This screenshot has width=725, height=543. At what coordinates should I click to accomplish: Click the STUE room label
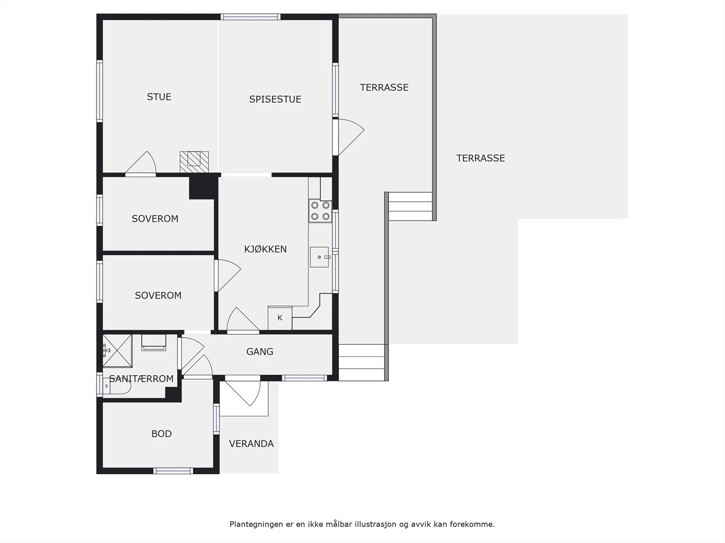[159, 97]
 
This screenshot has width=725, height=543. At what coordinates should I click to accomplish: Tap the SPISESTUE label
[275, 99]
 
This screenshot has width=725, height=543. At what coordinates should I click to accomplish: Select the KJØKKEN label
[265, 249]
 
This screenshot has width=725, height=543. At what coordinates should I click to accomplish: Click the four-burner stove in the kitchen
[320, 211]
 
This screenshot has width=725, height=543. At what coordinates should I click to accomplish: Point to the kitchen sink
[319, 257]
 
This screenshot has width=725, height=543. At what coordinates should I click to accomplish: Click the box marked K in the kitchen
[280, 318]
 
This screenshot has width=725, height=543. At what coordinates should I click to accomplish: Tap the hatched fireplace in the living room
[194, 161]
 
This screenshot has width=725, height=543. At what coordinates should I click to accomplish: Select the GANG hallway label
[260, 352]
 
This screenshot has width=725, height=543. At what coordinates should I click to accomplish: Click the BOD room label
[161, 433]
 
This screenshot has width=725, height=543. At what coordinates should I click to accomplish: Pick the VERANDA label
[251, 444]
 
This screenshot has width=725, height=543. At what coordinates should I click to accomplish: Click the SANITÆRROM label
[141, 379]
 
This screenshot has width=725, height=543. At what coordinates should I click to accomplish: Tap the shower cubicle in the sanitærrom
[117, 350]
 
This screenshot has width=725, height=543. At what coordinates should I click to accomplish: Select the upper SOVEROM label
[155, 219]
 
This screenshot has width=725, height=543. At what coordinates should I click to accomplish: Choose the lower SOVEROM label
[158, 295]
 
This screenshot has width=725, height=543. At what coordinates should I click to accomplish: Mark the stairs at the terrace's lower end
[362, 362]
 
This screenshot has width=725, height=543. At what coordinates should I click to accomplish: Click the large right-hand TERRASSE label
[480, 158]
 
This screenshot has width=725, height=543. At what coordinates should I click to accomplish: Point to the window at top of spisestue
[251, 17]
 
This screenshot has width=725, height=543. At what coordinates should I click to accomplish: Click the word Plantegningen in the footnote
[256, 524]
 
